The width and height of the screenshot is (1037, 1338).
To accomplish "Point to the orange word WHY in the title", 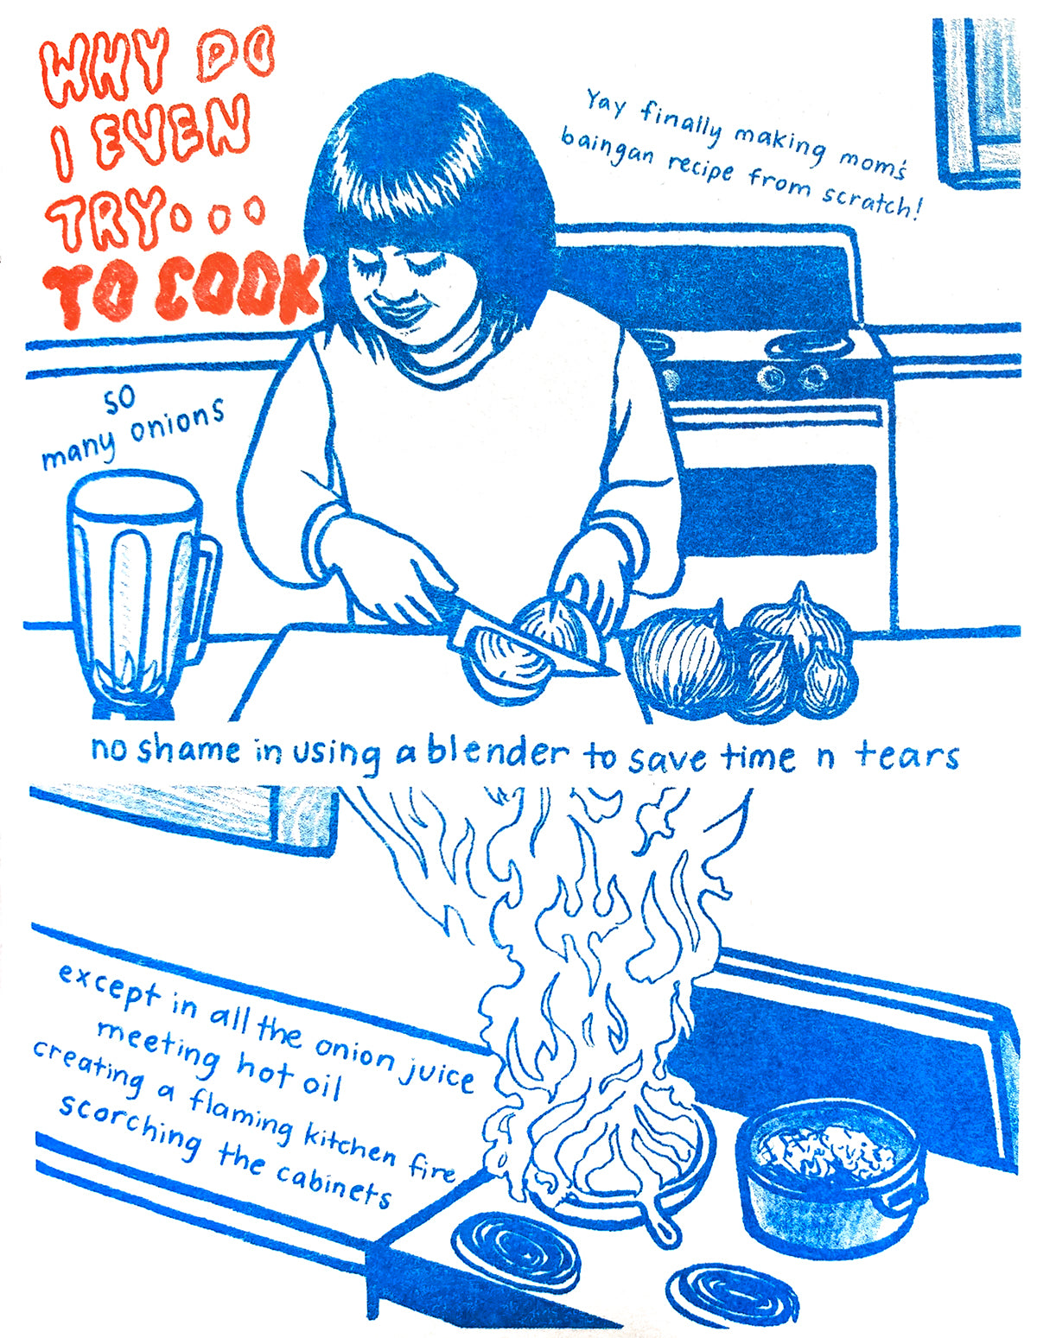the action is (104, 74).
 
